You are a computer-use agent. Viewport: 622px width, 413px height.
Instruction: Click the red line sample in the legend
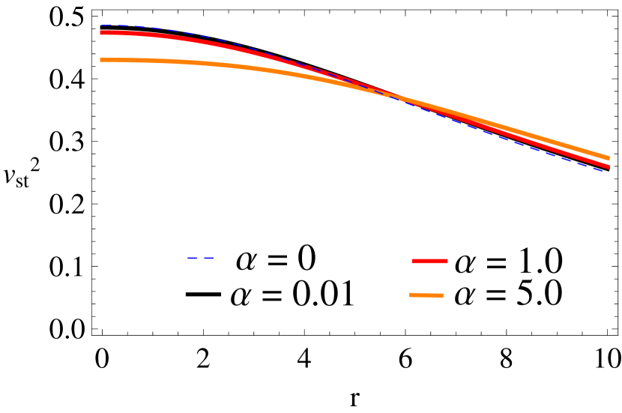pos(430,261)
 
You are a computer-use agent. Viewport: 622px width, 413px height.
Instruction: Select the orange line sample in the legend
pos(426,295)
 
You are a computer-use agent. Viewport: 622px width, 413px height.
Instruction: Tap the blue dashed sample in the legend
pos(201,258)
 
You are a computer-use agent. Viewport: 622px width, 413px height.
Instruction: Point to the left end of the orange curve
pos(101,60)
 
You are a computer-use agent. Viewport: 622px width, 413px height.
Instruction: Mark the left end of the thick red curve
pos(101,33)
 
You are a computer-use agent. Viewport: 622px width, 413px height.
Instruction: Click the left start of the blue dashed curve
pos(102,25)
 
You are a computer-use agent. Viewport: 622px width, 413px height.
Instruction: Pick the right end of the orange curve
pos(609,158)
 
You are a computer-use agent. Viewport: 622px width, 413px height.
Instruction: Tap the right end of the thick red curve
pos(609,166)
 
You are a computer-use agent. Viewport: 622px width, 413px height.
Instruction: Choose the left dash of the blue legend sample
pos(193,258)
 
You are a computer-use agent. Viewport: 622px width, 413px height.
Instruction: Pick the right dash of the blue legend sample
pos(209,258)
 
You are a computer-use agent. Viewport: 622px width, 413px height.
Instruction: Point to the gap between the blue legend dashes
pos(201,258)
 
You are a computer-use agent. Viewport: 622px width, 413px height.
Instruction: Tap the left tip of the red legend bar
pos(414,261)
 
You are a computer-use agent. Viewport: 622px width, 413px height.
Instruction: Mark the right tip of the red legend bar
pos(447,261)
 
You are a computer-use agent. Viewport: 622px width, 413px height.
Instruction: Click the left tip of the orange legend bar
pos(411,295)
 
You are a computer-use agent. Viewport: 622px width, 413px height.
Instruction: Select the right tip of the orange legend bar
pos(442,296)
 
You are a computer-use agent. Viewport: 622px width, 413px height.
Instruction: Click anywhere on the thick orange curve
pos(225,66)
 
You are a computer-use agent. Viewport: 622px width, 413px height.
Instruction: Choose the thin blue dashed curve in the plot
pos(525,145)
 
